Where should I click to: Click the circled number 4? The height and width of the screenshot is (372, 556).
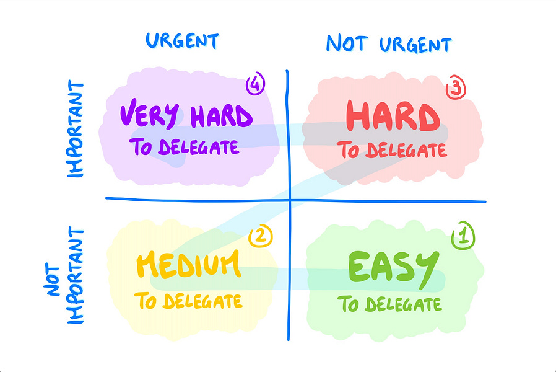(255, 84)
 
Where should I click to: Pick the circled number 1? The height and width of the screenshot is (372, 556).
(461, 236)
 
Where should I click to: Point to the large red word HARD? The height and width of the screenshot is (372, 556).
(392, 117)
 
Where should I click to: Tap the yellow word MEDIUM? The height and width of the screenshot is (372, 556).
(187, 265)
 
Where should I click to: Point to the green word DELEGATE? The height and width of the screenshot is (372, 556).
(403, 305)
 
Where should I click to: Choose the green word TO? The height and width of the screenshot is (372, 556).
(349, 304)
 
